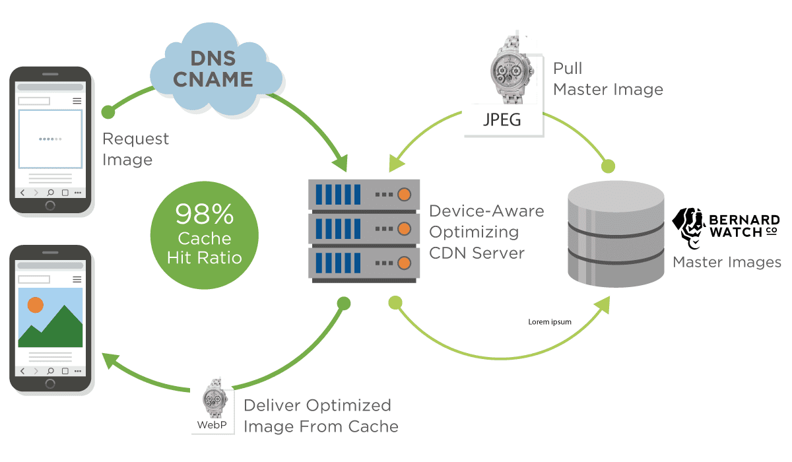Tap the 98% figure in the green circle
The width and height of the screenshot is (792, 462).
205,214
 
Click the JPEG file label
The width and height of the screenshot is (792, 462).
502,119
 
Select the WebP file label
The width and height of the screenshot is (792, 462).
212,424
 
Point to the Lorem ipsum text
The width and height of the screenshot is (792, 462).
549,321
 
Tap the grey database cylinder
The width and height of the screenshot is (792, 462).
616,234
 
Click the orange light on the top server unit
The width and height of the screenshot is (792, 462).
404,195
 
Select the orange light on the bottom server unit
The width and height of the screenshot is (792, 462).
404,263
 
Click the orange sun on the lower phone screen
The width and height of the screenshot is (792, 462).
36,305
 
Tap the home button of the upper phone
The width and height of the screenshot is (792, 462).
50,205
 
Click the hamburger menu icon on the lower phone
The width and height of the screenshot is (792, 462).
77,280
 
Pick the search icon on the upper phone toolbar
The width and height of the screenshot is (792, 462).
50,193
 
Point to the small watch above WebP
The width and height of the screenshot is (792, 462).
215,399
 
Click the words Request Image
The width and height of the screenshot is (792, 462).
135,149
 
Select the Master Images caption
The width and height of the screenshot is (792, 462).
727,262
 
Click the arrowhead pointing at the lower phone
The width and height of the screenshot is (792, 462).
110,360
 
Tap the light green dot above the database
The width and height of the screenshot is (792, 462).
608,166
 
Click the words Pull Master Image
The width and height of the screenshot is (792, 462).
608,79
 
